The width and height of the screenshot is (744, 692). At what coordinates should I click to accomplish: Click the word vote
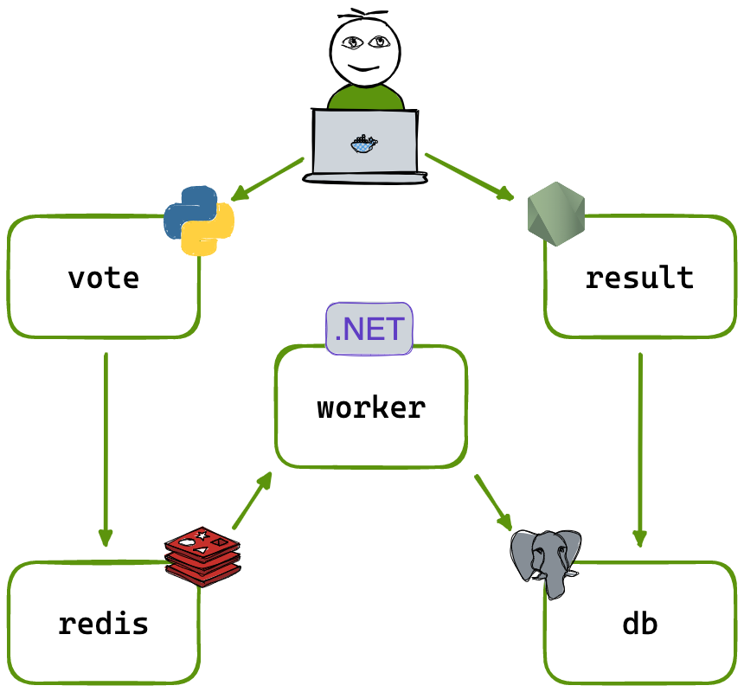[103, 278]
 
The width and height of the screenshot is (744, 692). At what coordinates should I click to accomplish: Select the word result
[639, 278]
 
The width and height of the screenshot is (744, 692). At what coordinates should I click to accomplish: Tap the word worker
[371, 407]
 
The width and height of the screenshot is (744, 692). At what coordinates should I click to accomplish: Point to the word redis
[103, 623]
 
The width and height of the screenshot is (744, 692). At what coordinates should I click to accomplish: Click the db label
[639, 623]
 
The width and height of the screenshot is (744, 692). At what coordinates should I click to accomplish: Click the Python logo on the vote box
[199, 221]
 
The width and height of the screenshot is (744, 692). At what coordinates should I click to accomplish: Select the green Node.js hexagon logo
[556, 214]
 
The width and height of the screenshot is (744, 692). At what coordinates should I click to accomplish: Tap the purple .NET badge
[369, 329]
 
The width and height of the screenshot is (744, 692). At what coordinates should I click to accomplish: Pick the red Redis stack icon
[202, 556]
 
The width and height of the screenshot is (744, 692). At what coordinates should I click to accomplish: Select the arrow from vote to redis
[106, 450]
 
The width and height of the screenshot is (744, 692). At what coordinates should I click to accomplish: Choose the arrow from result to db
[640, 450]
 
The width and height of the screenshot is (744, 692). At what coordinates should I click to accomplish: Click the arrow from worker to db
[493, 502]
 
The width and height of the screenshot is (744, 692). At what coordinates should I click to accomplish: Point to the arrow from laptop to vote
[267, 179]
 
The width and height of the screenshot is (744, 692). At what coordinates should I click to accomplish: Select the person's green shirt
[366, 97]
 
